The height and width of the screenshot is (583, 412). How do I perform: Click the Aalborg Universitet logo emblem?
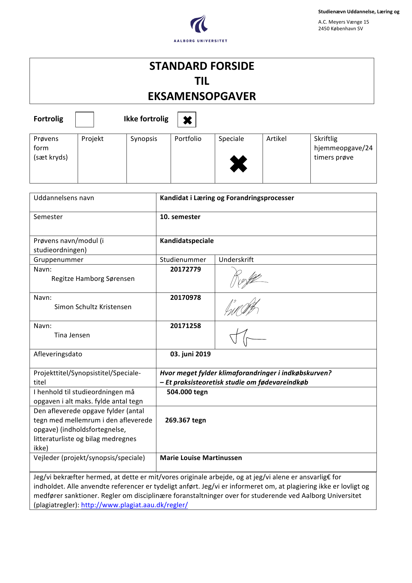point(199,24)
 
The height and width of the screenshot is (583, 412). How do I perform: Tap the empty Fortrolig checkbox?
point(84,120)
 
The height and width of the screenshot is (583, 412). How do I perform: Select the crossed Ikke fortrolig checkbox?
point(187,120)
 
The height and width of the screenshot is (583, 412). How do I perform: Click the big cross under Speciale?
point(238,164)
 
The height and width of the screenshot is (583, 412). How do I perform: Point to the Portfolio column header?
point(188,139)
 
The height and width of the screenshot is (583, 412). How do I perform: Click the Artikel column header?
point(276,139)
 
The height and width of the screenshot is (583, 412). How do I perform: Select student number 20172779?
point(185,270)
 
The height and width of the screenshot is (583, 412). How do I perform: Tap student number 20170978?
point(185,298)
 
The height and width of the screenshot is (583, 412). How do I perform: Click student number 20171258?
point(185,326)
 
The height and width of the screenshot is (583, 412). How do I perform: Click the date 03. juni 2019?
point(190,354)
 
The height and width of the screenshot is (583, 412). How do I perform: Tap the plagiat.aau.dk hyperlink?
point(134,505)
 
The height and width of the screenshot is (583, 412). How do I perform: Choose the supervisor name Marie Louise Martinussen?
point(201,458)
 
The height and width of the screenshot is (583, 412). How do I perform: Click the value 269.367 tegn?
point(185,420)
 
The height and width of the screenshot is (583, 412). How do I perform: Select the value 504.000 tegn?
point(187,392)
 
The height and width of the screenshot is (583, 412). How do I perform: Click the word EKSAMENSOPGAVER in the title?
point(202,96)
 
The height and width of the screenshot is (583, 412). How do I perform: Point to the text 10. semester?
point(180,217)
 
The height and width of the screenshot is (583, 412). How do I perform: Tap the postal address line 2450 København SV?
point(340,29)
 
